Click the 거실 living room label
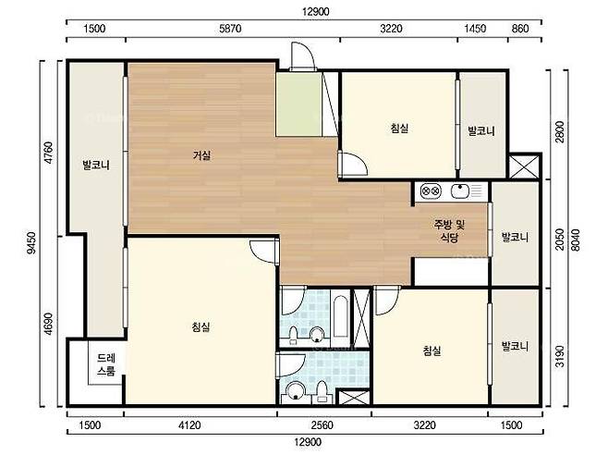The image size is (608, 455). point(201,155)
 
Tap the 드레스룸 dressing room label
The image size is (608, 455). point(106,364)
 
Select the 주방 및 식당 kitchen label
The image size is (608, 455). point(449,230)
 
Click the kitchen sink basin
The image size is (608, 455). point(460,191)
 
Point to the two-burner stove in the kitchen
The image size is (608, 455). point(431,191)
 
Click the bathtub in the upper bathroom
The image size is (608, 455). point(340,317)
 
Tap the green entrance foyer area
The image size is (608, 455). point(299,105)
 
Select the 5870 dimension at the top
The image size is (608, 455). point(230,29)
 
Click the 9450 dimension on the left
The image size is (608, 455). point(31,242)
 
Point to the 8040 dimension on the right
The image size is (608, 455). point(576,240)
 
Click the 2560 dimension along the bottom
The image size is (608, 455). point(322,425)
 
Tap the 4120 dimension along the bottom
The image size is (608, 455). point(189,425)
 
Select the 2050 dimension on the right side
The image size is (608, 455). point(559,240)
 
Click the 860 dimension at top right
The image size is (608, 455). point(520,29)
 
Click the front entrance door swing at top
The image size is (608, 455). point(302,56)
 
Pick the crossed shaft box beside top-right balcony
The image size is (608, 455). point(524,166)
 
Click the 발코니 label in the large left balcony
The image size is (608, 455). point(96,166)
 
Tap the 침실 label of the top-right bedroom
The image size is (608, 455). point(399,128)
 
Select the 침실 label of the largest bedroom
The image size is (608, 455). point(201,326)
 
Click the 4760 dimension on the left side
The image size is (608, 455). point(49,153)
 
